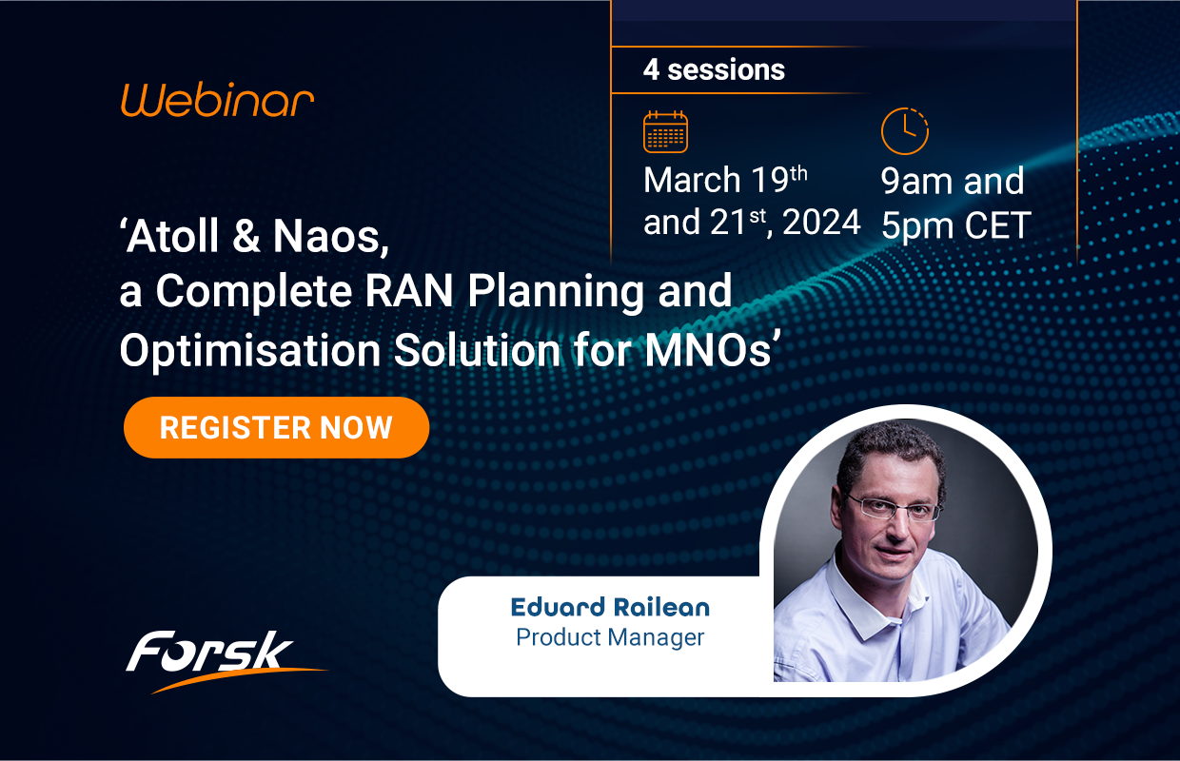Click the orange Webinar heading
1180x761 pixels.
coord(217,100)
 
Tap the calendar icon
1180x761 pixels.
coord(665,132)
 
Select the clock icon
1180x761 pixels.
coord(903,131)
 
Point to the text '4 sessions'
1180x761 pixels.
coord(714,70)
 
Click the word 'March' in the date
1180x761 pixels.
coord(692,180)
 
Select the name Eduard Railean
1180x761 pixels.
coord(610,607)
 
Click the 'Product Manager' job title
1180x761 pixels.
coord(610,636)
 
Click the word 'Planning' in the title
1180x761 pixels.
coord(543,294)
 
